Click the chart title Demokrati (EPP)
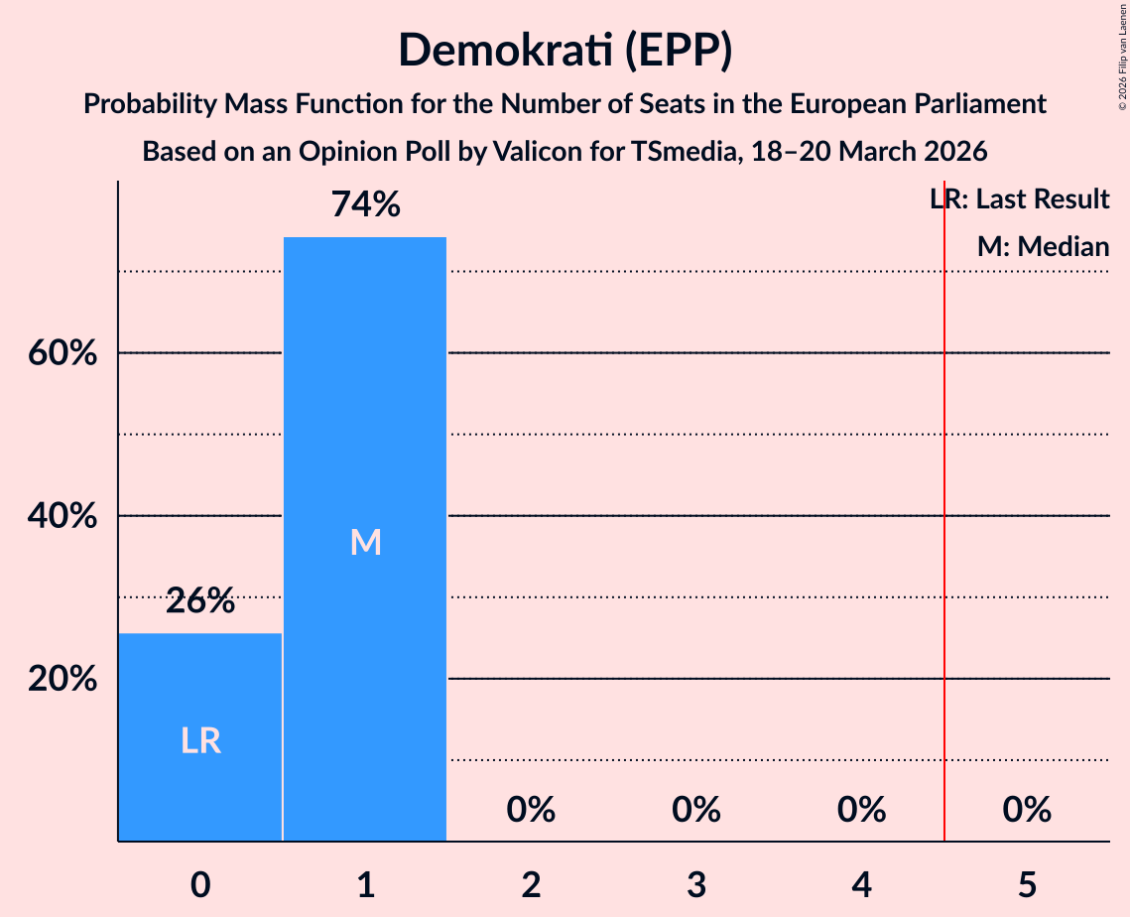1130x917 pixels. [565, 50]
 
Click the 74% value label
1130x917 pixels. [365, 205]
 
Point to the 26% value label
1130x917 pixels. [200, 600]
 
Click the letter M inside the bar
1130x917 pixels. [365, 542]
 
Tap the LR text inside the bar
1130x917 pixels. [200, 740]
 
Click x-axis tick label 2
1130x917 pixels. [531, 884]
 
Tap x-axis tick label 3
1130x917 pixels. [696, 884]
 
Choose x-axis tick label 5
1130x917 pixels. [1027, 884]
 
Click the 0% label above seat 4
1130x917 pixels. [861, 810]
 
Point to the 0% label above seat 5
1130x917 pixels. [1027, 810]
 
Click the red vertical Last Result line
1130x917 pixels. [944, 496]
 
